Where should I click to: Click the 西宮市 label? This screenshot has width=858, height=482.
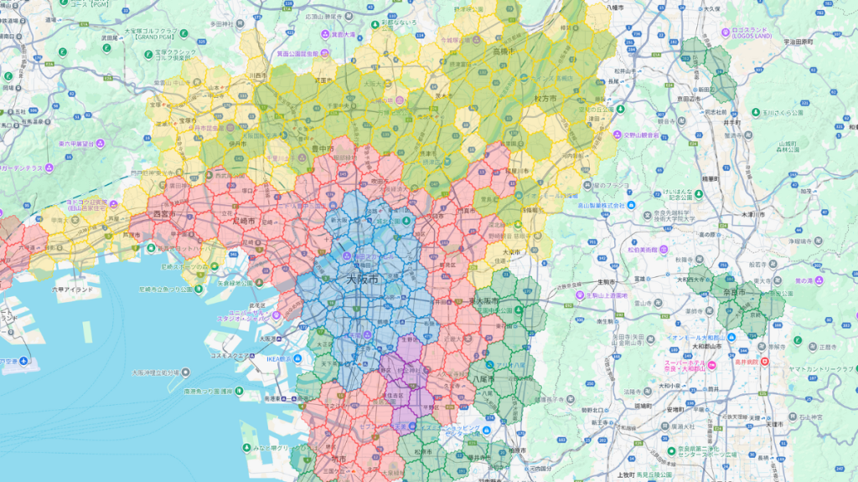(166, 214)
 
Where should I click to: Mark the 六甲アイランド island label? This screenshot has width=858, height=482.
(74, 289)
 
